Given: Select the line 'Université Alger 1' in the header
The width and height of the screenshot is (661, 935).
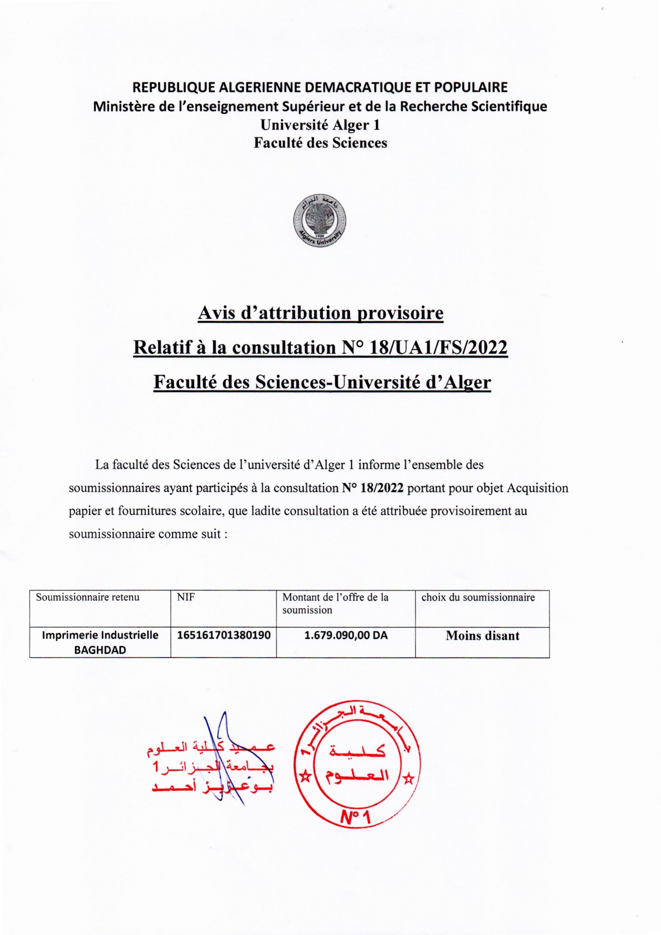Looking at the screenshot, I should click(x=320, y=125).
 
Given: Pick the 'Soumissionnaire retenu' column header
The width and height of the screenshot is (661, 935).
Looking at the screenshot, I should click(x=88, y=598).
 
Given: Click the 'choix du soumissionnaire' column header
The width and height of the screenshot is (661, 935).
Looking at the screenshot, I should click(x=478, y=598).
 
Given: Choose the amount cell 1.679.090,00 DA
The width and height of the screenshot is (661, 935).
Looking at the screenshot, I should click(x=346, y=635).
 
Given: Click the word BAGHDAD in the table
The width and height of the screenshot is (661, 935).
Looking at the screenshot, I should click(x=100, y=650).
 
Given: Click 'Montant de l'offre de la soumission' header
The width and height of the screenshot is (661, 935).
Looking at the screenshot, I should click(x=335, y=603).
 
